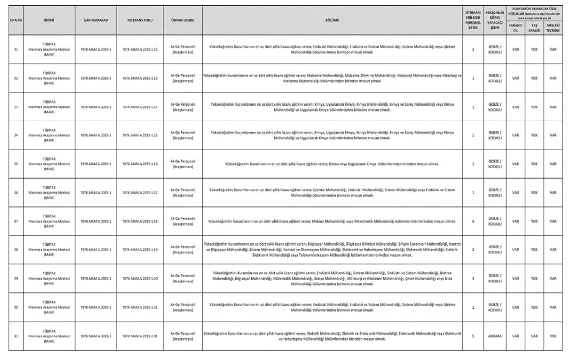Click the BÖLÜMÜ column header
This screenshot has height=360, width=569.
coord(332,20)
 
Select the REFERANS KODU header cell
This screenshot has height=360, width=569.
coord(140,20)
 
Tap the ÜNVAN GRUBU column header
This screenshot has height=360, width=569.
coord(183,20)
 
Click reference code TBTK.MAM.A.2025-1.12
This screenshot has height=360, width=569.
coord(140,49)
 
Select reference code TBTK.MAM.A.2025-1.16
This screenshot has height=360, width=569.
coord(140,164)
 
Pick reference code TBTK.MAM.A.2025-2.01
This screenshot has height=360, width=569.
coord(140,336)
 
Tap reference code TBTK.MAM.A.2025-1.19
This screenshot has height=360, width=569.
coord(140,250)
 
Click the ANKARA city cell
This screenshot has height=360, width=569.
coord(495,336)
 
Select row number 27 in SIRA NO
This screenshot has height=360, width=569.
coord(16,221)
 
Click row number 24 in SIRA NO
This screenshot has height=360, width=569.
coord(16,135)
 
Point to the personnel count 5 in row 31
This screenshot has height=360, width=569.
coord(473,336)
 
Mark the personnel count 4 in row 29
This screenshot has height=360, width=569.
coord(473,278)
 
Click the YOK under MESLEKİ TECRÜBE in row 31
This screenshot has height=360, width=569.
coord(553,336)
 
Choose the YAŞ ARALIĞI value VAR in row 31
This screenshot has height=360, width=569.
coord(534,336)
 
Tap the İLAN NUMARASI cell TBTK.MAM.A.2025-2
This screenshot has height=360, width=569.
coord(95,336)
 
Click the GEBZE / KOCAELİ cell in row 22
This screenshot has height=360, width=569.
coord(495,78)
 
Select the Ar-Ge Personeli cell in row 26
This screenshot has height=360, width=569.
coord(183,192)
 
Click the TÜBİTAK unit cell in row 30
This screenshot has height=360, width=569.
coord(49,307)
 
